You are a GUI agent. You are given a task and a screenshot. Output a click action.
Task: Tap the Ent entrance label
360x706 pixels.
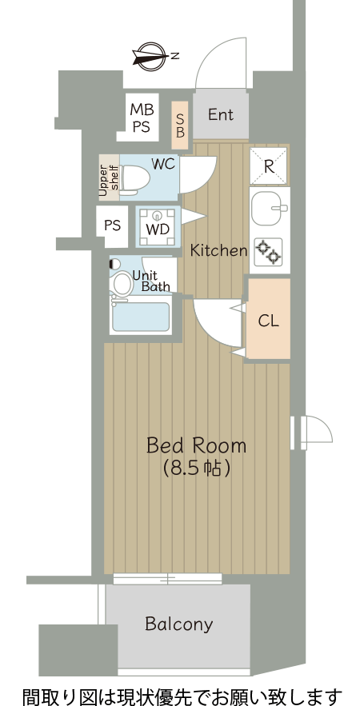[x=220, y=114]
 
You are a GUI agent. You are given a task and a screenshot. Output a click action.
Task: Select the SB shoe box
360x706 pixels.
[x=180, y=126]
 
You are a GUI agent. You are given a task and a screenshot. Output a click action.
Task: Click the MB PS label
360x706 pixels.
[x=142, y=118]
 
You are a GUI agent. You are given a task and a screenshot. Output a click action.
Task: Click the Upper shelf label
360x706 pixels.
[x=109, y=177]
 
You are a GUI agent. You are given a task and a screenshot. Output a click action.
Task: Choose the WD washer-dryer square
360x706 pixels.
[x=158, y=227]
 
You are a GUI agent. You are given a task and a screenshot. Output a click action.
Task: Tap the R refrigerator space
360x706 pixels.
[x=269, y=166]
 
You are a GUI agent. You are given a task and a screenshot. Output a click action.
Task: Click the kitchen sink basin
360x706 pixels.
[x=269, y=209]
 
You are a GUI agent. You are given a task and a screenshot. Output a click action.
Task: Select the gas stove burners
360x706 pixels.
[x=269, y=251]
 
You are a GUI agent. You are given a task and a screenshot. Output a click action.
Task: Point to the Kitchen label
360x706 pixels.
[x=218, y=250]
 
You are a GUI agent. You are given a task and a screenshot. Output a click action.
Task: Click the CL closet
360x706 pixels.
[x=269, y=319]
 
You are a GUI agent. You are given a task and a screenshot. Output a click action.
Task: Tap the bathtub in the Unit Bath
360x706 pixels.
[x=141, y=317]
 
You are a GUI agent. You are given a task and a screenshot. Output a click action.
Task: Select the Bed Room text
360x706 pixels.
[x=197, y=446]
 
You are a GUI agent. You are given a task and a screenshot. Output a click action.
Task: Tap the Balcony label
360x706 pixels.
[x=179, y=624]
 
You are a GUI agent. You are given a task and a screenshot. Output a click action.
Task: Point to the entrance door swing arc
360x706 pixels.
[x=221, y=62]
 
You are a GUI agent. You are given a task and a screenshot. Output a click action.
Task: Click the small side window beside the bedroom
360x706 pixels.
[x=311, y=433]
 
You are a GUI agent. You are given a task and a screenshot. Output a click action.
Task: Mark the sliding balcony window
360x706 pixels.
[x=167, y=579]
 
